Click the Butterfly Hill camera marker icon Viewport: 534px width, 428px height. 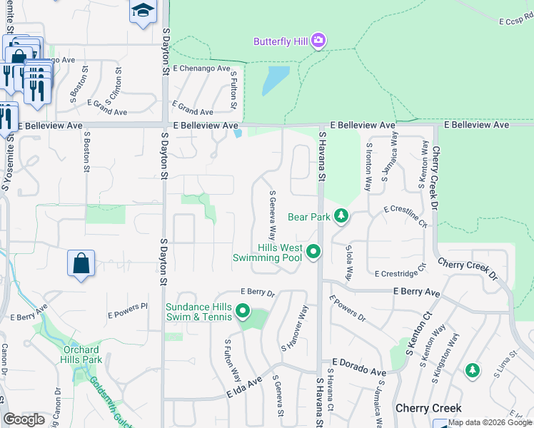click(318, 41)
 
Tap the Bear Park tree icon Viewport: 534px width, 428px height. click(341, 215)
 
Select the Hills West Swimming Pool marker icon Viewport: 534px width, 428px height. click(313, 251)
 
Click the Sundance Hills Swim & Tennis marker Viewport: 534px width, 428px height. click(243, 311)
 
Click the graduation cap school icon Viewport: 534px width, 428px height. click(143, 11)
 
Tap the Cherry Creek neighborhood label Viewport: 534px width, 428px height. click(428, 409)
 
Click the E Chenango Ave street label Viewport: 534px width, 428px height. click(201, 69)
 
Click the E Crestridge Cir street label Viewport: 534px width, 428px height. click(400, 270)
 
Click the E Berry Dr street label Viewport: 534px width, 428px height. click(258, 292)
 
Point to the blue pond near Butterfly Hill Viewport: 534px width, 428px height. click(275, 80)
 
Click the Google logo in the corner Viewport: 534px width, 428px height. click(24, 419)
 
